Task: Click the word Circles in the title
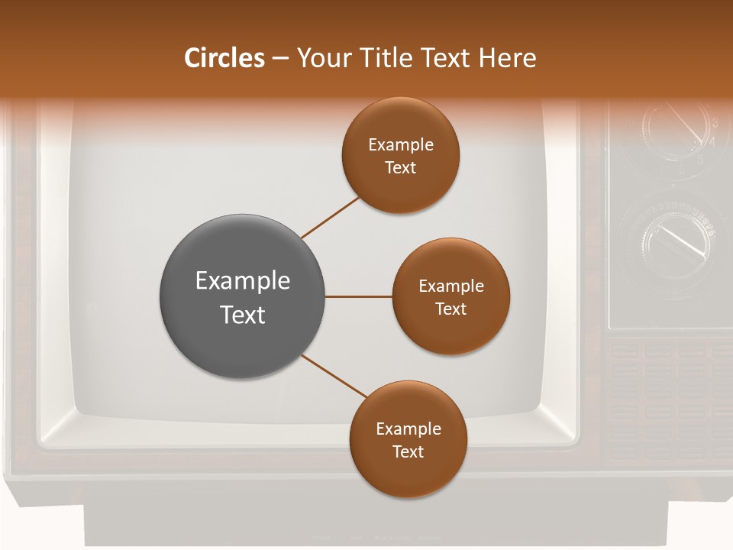click(x=224, y=58)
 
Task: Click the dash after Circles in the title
click(x=280, y=59)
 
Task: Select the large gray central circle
click(x=243, y=296)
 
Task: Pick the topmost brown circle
click(x=401, y=155)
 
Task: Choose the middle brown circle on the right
click(x=451, y=296)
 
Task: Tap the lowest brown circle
click(x=408, y=439)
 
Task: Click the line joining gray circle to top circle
click(x=331, y=217)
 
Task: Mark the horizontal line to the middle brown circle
click(x=359, y=296)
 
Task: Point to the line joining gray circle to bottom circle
click(x=334, y=376)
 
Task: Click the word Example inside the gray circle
click(x=243, y=280)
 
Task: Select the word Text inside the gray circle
click(x=243, y=315)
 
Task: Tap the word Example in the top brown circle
click(x=401, y=144)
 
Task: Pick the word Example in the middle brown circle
click(x=451, y=286)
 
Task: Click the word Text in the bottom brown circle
click(x=408, y=451)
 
